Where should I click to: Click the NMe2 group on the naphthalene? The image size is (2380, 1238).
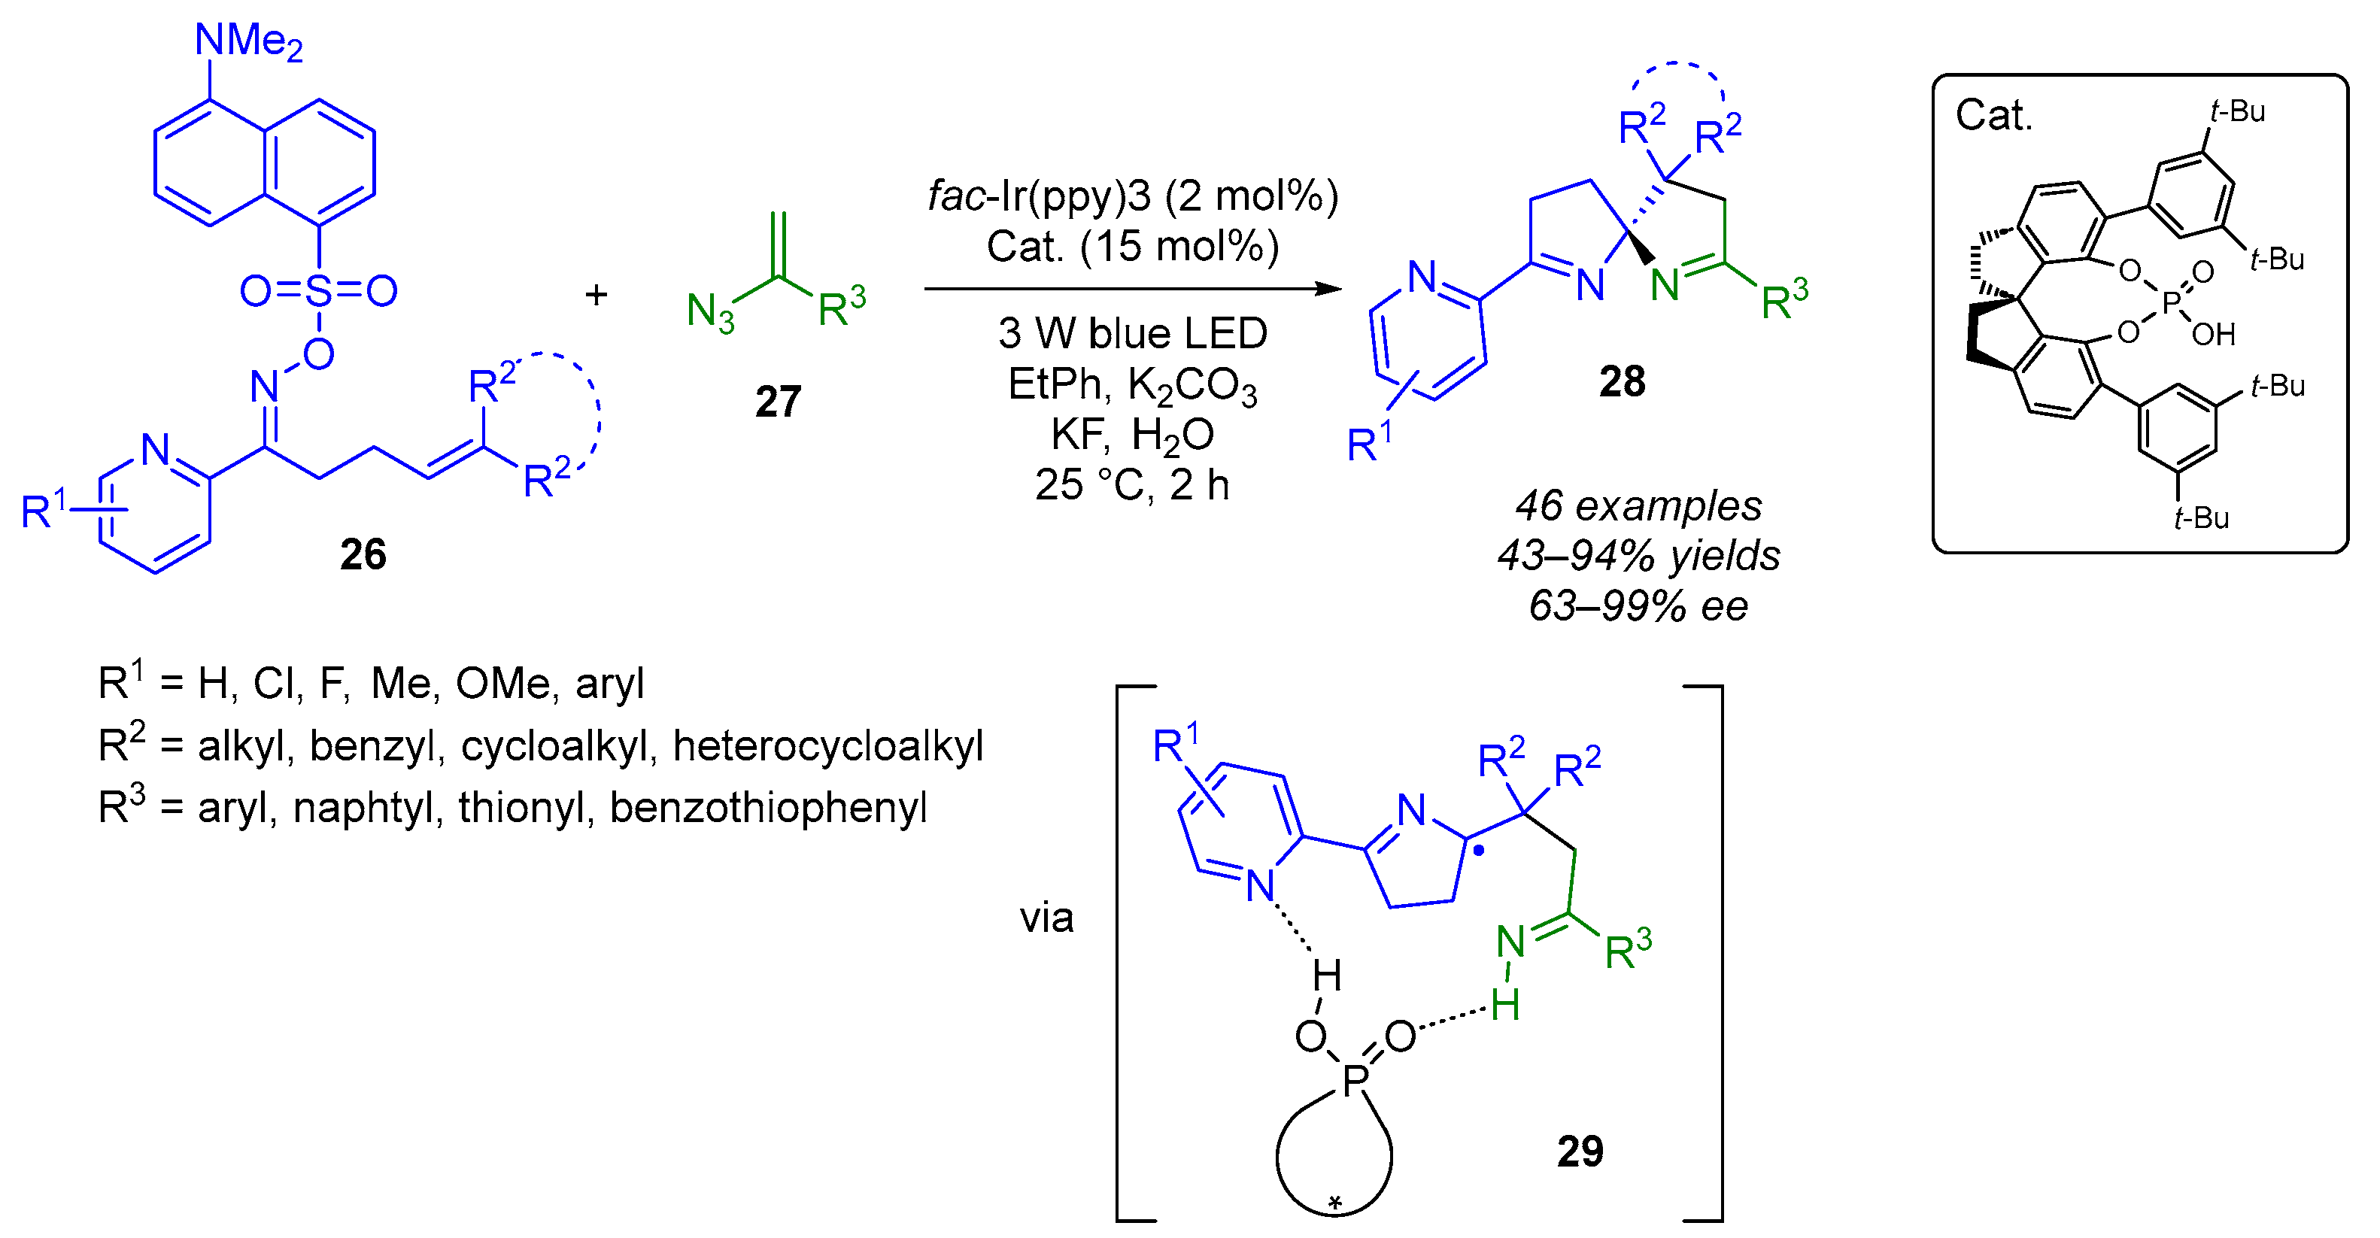(x=247, y=41)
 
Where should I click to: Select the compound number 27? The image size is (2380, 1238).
(x=777, y=402)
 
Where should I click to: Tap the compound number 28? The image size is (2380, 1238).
(x=1622, y=381)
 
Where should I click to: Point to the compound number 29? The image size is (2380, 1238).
(x=1579, y=1152)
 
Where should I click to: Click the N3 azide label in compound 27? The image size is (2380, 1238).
(x=709, y=312)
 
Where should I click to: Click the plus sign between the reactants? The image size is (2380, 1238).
(x=596, y=295)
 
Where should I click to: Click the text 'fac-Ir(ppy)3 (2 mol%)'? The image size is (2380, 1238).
(x=1133, y=196)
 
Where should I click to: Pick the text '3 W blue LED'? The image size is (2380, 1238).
(x=1132, y=333)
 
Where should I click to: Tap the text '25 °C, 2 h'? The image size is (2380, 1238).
(x=1132, y=485)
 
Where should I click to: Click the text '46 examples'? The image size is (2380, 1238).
(x=1638, y=506)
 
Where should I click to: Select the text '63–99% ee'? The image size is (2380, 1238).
(x=1638, y=607)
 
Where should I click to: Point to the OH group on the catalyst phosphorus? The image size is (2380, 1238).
(x=2214, y=335)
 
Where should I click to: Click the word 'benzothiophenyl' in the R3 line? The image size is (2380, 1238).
(x=768, y=809)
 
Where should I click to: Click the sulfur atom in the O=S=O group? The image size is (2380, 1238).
(x=319, y=291)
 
